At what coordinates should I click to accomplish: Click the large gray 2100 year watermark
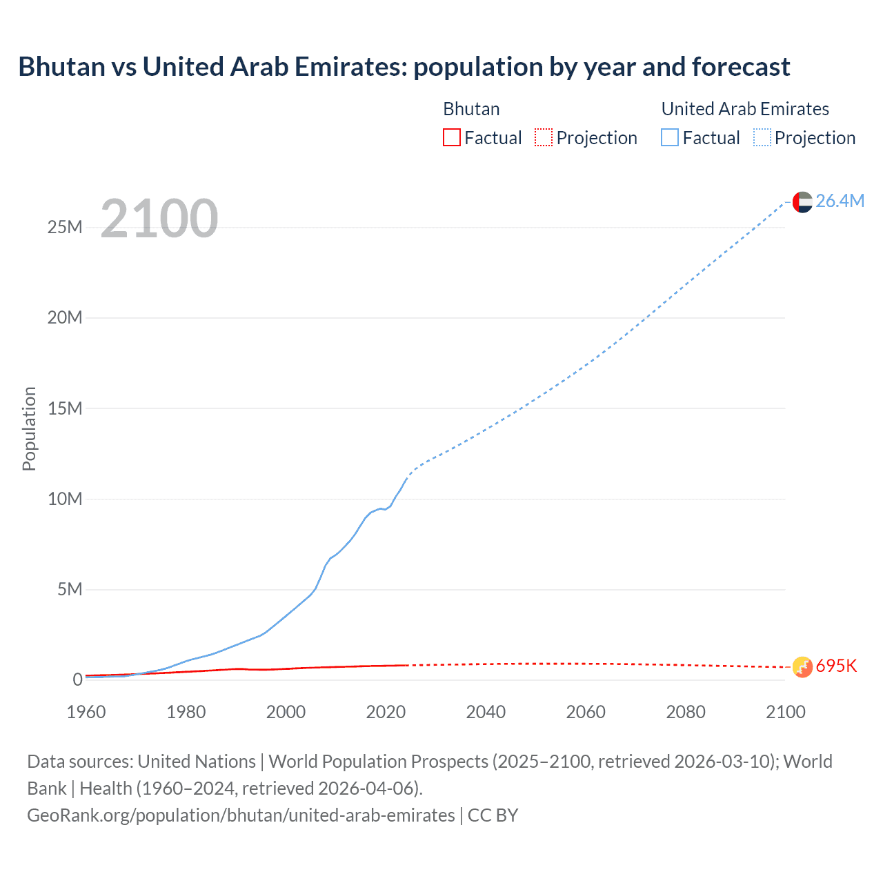pyautogui.click(x=159, y=219)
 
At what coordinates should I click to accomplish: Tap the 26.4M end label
pyautogui.click(x=840, y=201)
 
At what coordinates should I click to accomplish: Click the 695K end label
pyautogui.click(x=836, y=666)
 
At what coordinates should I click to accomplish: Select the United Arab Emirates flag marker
pyautogui.click(x=802, y=202)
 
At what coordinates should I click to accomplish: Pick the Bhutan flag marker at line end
pyautogui.click(x=802, y=667)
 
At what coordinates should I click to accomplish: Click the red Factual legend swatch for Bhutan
pyautogui.click(x=452, y=138)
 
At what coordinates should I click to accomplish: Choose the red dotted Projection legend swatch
pyautogui.click(x=544, y=138)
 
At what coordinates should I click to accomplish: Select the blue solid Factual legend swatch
pyautogui.click(x=670, y=138)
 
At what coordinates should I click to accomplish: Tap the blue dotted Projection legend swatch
pyautogui.click(x=762, y=138)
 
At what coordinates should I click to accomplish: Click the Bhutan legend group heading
pyautogui.click(x=471, y=109)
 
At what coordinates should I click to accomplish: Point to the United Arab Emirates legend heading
pyautogui.click(x=745, y=109)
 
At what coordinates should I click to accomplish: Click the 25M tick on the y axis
pyautogui.click(x=65, y=227)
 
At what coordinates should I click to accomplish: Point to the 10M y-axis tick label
pyautogui.click(x=65, y=499)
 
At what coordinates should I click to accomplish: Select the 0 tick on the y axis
pyautogui.click(x=77, y=679)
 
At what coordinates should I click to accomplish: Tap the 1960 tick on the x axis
pyautogui.click(x=86, y=712)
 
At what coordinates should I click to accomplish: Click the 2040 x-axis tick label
pyautogui.click(x=486, y=712)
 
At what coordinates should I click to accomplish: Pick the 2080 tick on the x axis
pyautogui.click(x=686, y=712)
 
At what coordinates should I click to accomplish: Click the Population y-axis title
pyautogui.click(x=29, y=428)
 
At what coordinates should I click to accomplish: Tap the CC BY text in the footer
pyautogui.click(x=493, y=815)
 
